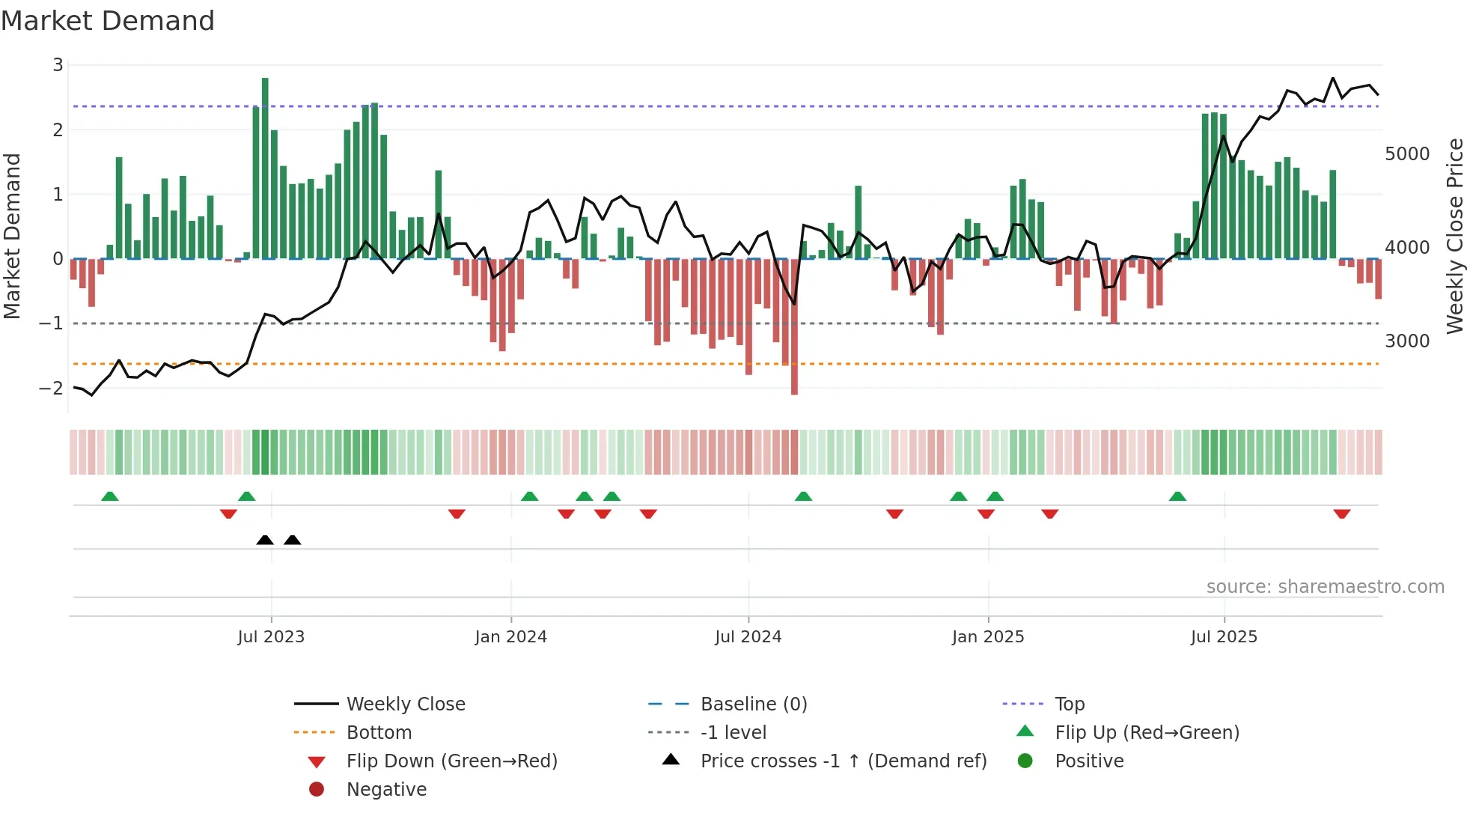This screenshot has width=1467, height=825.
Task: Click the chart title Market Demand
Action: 108,21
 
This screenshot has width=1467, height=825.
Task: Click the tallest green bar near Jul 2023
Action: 265,168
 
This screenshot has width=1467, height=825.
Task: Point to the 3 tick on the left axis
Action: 58,65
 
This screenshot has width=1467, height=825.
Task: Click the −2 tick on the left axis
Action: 52,389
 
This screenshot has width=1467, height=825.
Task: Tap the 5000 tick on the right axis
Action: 1407,154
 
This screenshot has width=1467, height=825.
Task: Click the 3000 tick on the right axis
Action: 1407,341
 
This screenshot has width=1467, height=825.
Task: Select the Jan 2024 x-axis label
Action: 510,637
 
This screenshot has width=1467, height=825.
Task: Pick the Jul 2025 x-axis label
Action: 1224,637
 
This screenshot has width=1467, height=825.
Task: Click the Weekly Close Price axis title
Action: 1454,236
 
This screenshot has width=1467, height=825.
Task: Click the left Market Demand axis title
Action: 13,236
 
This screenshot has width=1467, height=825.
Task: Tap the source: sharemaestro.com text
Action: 1325,587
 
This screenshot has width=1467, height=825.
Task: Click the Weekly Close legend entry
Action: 405,704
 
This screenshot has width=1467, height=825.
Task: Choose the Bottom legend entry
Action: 379,733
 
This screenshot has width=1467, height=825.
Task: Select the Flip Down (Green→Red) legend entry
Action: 451,761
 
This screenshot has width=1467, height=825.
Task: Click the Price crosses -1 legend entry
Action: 843,761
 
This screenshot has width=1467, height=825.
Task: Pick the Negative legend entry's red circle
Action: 317,790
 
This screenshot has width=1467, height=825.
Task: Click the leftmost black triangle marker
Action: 265,540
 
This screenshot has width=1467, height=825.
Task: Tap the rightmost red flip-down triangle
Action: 1341,514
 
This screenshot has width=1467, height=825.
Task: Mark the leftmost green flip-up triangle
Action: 110,496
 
